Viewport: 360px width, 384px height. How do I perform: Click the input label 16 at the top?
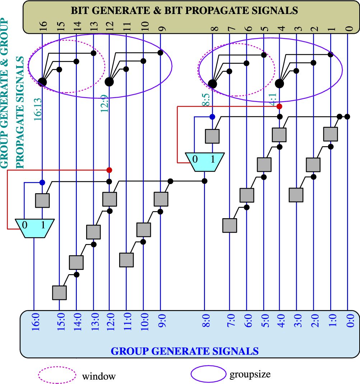click(x=43, y=27)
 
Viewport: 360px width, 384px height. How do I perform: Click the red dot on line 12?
click(x=109, y=169)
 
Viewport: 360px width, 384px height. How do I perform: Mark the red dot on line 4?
click(x=279, y=106)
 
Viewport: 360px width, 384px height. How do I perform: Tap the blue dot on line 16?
click(x=42, y=182)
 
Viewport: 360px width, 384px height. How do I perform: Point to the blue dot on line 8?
click(x=212, y=117)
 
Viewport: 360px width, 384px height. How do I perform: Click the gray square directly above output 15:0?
click(x=60, y=292)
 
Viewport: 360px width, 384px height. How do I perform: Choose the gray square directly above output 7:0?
click(x=229, y=225)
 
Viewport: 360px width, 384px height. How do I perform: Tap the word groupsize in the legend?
click(x=250, y=374)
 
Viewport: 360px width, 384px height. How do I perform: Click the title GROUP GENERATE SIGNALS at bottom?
click(x=184, y=351)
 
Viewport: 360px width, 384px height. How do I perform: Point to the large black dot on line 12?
click(x=109, y=81)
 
